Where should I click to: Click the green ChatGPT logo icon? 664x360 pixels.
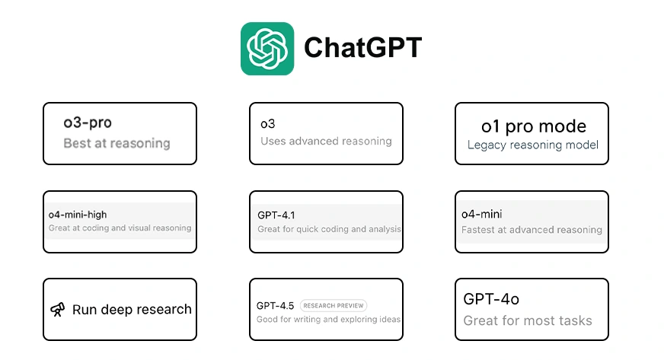click(x=267, y=49)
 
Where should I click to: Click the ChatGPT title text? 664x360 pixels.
click(x=363, y=47)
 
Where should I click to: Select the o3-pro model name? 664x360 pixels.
click(x=88, y=123)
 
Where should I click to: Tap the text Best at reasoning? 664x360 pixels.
click(x=117, y=143)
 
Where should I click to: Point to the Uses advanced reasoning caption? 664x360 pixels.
click(x=326, y=142)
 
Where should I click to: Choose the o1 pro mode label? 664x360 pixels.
click(x=534, y=126)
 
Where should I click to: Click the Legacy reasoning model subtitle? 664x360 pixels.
click(x=533, y=145)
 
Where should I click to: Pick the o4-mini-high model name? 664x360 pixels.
click(x=78, y=215)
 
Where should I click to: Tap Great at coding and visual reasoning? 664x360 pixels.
click(x=120, y=228)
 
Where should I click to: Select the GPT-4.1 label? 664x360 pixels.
click(x=276, y=215)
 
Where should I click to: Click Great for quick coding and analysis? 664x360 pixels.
click(x=329, y=229)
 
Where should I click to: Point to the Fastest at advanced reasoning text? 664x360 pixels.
click(x=532, y=230)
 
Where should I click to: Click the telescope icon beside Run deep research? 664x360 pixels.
click(x=58, y=310)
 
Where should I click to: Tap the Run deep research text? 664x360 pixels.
click(x=132, y=310)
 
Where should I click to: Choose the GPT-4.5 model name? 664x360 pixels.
click(x=275, y=306)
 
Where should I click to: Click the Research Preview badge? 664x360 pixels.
click(x=334, y=305)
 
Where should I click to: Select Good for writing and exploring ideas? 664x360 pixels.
click(x=329, y=320)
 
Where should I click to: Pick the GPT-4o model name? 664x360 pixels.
click(x=491, y=300)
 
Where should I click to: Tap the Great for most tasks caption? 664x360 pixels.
click(x=528, y=320)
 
